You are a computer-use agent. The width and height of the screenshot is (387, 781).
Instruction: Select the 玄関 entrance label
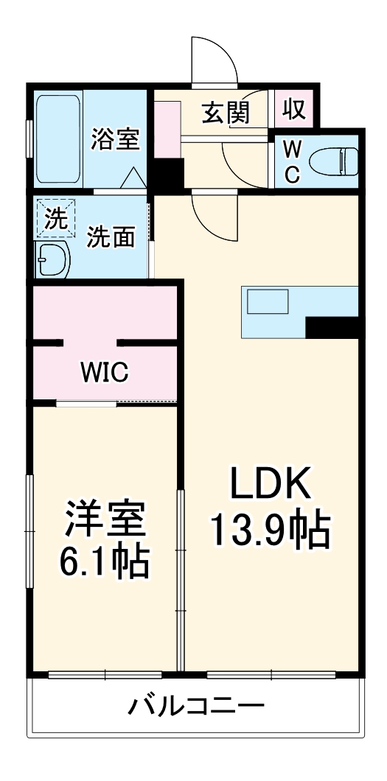click(225, 113)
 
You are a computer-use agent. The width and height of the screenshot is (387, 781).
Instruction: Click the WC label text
click(293, 162)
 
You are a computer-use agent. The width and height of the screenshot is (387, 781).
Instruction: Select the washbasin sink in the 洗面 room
click(52, 260)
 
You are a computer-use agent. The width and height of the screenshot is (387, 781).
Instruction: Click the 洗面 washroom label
click(111, 237)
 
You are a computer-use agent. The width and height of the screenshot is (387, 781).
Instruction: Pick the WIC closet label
click(104, 373)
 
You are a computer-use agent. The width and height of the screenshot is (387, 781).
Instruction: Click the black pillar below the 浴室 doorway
click(168, 174)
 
